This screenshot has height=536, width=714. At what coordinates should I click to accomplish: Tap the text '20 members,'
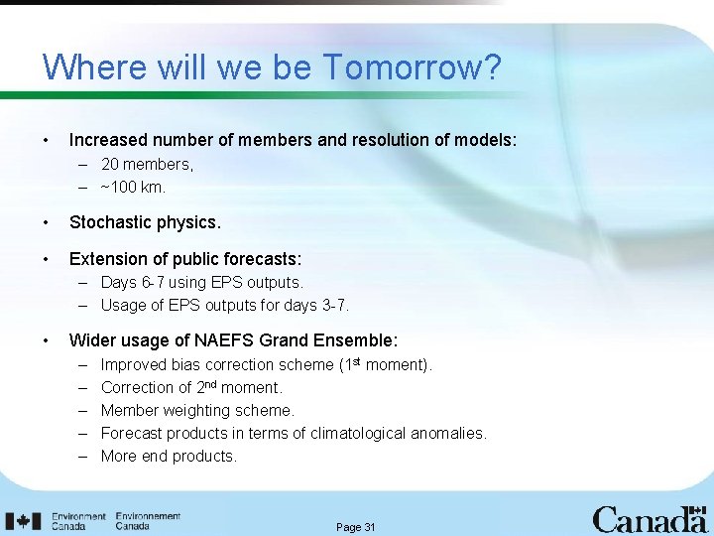pyautogui.click(x=147, y=165)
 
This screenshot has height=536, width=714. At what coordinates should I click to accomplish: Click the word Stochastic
pyautogui.click(x=111, y=222)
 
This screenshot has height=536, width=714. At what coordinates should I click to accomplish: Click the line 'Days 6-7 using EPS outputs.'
pyautogui.click(x=201, y=283)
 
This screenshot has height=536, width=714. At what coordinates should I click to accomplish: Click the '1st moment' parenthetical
pyautogui.click(x=385, y=365)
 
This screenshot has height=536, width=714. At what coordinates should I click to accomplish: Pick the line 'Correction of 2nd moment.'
pyautogui.click(x=191, y=388)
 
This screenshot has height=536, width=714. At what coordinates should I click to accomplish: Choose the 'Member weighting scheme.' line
pyautogui.click(x=197, y=411)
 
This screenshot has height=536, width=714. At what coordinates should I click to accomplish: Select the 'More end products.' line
pyautogui.click(x=169, y=457)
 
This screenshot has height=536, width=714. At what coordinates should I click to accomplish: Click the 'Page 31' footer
pyautogui.click(x=356, y=527)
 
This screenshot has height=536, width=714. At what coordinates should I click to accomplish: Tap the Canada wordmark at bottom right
pyautogui.click(x=650, y=519)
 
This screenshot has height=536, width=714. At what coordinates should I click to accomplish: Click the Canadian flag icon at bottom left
pyautogui.click(x=24, y=521)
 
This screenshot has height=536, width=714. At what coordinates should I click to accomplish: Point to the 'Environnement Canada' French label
pyautogui.click(x=148, y=521)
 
